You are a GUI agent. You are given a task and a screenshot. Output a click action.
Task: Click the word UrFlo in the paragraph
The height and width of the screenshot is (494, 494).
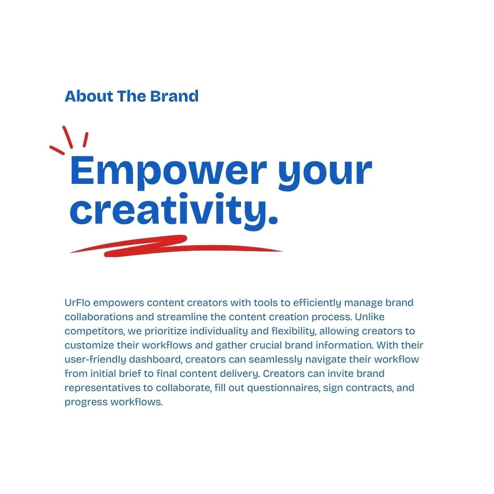(x=77, y=303)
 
